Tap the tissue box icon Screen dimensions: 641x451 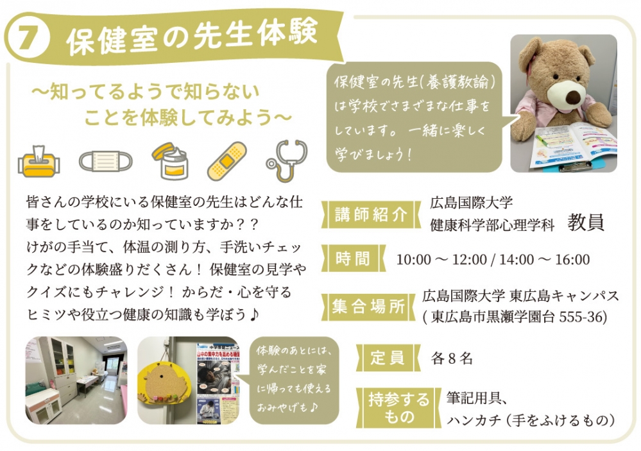click(39, 161)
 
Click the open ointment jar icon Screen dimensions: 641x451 click(171, 160)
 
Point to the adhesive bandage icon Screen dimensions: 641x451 click(227, 161)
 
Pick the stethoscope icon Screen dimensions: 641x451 click(286, 160)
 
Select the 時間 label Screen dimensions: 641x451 click(353, 259)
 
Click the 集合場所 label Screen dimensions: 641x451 click(368, 306)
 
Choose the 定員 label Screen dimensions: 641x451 click(388, 358)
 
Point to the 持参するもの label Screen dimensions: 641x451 click(398, 408)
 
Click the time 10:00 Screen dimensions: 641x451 click(413, 260)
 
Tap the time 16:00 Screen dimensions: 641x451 click(572, 260)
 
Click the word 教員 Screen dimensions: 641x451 click(585, 223)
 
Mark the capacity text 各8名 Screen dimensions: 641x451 click(452, 359)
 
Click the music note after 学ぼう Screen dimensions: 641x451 click(254, 314)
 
